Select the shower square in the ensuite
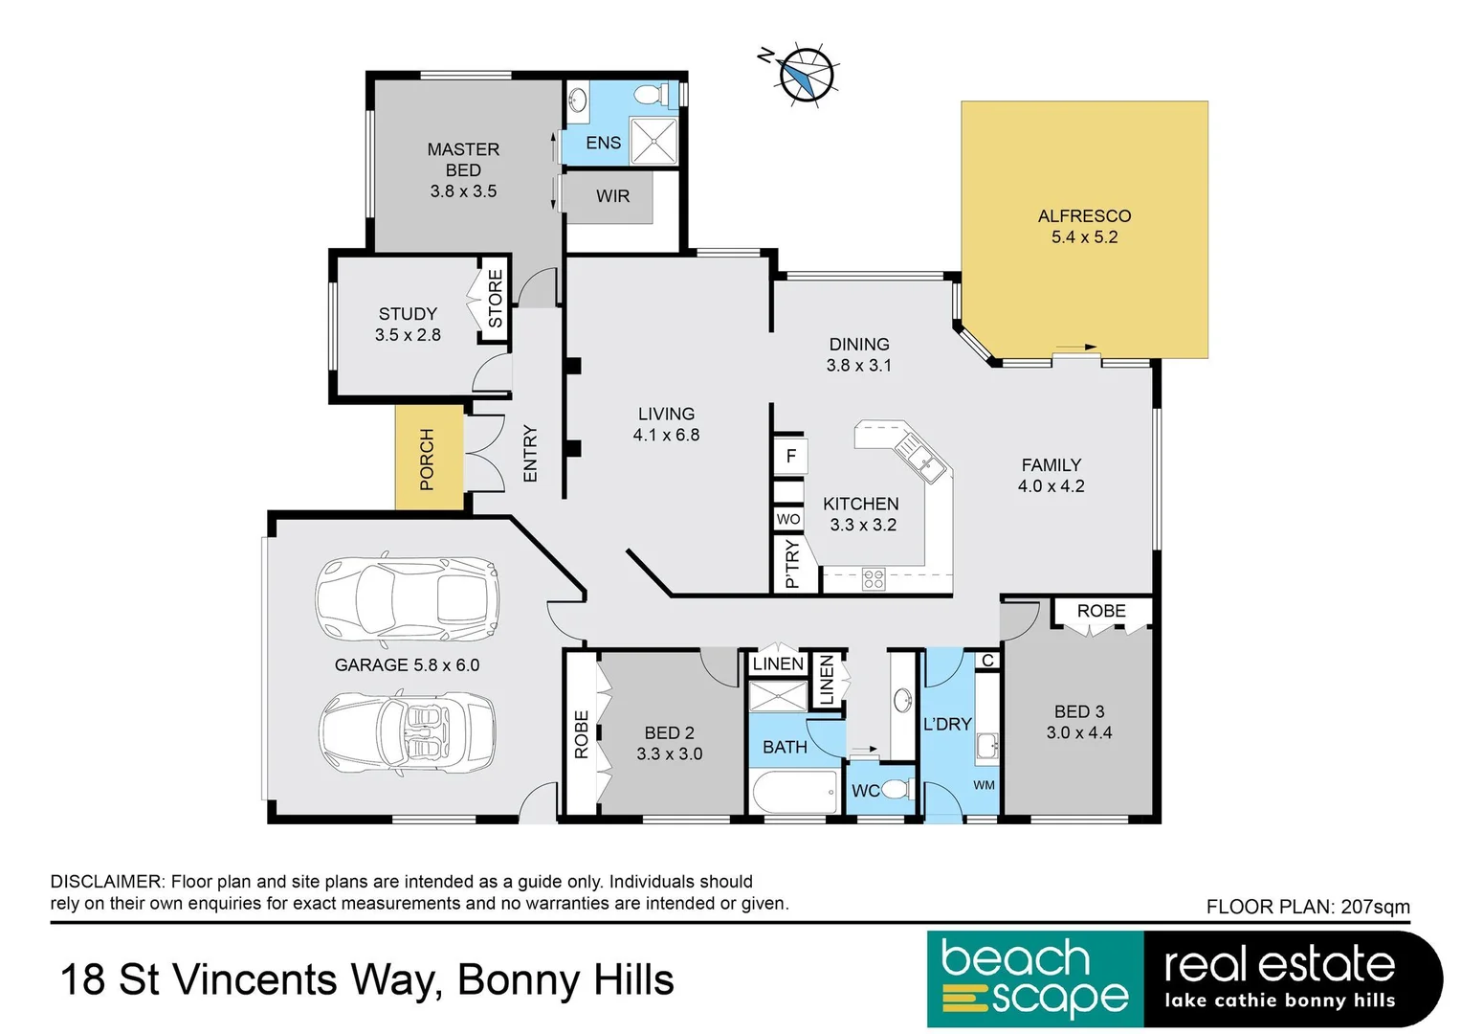coord(653,141)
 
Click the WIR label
coord(612,196)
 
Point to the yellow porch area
coord(429,459)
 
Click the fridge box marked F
coord(790,457)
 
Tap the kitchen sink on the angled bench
coord(919,457)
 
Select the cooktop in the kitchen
coord(874,578)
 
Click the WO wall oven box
coord(788,519)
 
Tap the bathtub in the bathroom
coord(793,794)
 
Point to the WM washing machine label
coord(984,785)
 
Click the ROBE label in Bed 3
coord(1101,611)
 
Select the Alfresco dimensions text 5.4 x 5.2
coord(1084,237)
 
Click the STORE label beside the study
coord(496,299)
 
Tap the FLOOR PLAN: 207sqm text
coord(1307,907)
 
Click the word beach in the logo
coord(1015,958)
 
